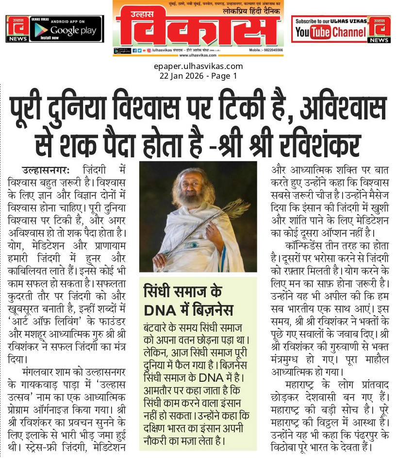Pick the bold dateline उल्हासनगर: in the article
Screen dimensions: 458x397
(x=46, y=170)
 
